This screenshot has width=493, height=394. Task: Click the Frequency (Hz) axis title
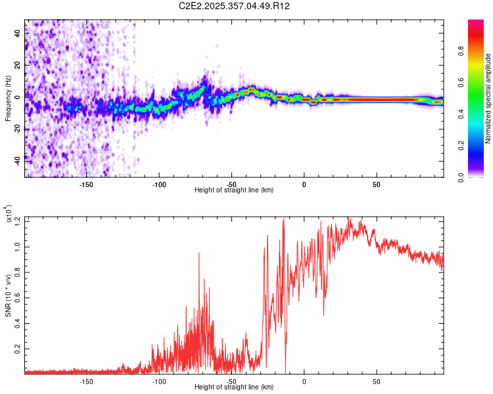[8, 98]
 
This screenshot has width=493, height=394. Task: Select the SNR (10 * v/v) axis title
[8, 295]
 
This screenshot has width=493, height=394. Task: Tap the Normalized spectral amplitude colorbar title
[488, 98]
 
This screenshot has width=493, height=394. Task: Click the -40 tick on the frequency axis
[17, 160]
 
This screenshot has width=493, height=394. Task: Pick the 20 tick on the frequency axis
[17, 65]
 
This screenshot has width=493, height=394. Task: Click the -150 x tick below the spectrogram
[86, 185]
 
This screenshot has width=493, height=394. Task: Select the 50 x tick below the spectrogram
[376, 185]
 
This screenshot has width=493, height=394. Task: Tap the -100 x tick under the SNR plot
[158, 381]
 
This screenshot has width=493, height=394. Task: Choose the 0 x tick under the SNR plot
[304, 381]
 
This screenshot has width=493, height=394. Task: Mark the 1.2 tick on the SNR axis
[17, 218]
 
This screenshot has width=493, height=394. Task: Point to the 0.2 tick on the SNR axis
[17, 346]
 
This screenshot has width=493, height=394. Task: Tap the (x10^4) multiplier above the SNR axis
[9, 214]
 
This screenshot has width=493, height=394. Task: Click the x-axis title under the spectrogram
[234, 190]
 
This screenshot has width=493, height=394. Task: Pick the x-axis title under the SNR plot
[234, 387]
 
